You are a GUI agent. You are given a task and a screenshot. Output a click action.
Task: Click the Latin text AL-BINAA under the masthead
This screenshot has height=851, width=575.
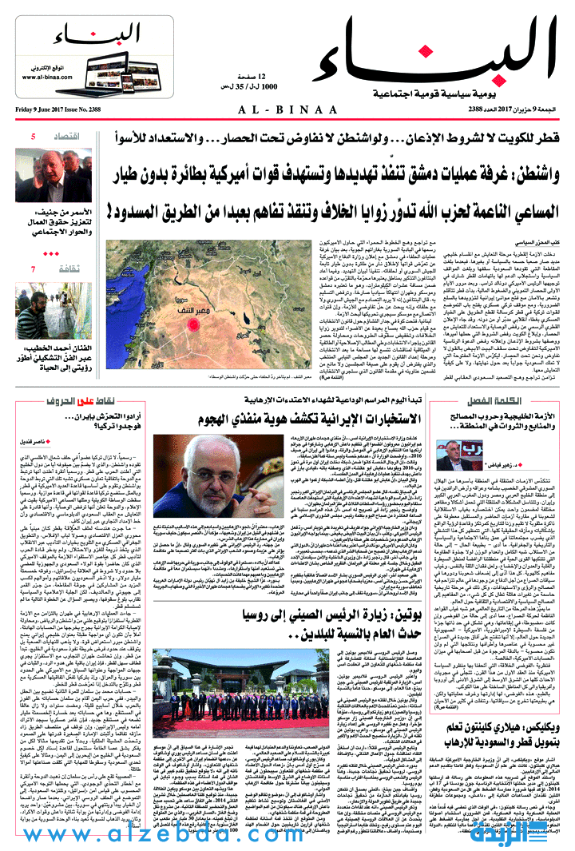coord(288,109)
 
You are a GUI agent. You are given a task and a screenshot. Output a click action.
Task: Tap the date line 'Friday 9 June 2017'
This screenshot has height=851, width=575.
coord(44,109)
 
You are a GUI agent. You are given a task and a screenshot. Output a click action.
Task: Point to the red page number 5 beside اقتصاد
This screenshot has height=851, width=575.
coord(33,137)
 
